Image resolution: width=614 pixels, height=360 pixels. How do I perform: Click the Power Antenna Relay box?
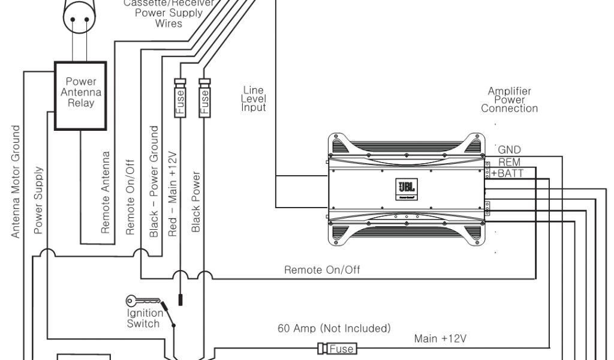(81, 95)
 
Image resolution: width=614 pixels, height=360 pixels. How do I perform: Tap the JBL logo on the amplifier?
(404, 187)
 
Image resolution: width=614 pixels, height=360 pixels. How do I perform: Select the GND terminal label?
(510, 150)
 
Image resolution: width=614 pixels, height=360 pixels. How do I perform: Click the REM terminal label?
(509, 163)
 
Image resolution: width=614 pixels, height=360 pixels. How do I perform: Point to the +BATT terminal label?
(507, 173)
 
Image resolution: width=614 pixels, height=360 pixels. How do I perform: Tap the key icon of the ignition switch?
(142, 301)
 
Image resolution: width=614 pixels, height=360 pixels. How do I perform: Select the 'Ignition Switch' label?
(145, 319)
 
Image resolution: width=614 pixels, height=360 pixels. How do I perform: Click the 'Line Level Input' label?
(254, 99)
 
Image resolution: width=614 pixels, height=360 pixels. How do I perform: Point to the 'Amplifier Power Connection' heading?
(509, 100)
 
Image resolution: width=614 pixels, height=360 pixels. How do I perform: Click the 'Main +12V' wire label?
(440, 338)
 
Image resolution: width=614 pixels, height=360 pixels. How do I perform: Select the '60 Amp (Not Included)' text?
(334, 329)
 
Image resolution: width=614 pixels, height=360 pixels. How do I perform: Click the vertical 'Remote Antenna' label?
(106, 192)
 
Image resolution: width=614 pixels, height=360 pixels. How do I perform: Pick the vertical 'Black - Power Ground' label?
(154, 181)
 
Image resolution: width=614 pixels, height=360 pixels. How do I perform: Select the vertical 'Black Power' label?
(195, 202)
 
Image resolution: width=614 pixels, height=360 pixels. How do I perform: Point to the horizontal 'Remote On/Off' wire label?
(322, 270)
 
